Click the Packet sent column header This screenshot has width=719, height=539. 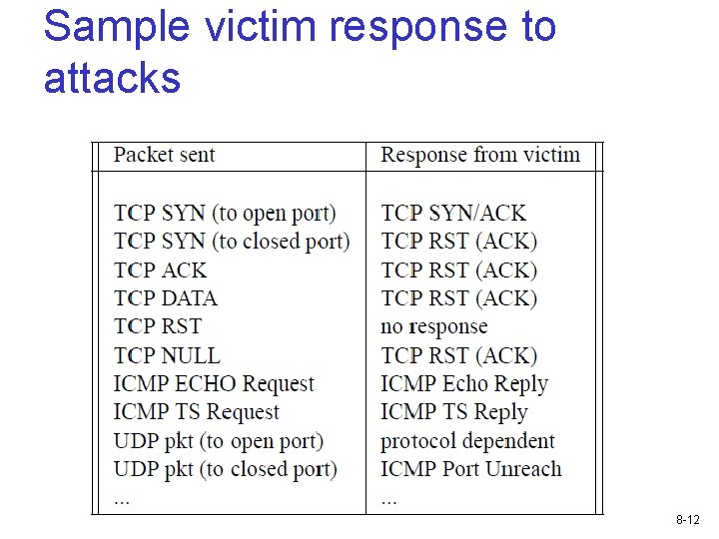coord(164,155)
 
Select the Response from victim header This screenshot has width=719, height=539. coord(480,155)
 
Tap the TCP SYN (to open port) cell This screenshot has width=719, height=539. coord(225,213)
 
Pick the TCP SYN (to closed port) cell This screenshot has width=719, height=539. coord(232,241)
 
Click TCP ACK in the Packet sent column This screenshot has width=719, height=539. coord(161,269)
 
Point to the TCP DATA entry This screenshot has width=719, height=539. coord(165,297)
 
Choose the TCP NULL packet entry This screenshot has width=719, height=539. coord(167,355)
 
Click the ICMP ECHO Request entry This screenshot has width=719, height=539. coord(214,383)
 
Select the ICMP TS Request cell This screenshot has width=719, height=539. coord(197,412)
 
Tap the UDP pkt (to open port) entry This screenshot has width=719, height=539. coord(219,440)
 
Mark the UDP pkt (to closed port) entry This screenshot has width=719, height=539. coord(226,469)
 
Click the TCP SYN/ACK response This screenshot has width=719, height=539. coord(453,213)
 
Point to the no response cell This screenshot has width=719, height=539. coord(434,326)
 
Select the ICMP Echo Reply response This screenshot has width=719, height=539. coord(464,383)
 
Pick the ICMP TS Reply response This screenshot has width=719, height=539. coord(453,412)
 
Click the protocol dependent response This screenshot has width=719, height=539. coord(468,440)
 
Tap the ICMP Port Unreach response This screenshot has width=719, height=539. coord(471,469)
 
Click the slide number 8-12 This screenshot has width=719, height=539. coord(688,520)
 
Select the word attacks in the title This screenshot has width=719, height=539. coord(112,77)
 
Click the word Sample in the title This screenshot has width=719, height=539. coord(119,27)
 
